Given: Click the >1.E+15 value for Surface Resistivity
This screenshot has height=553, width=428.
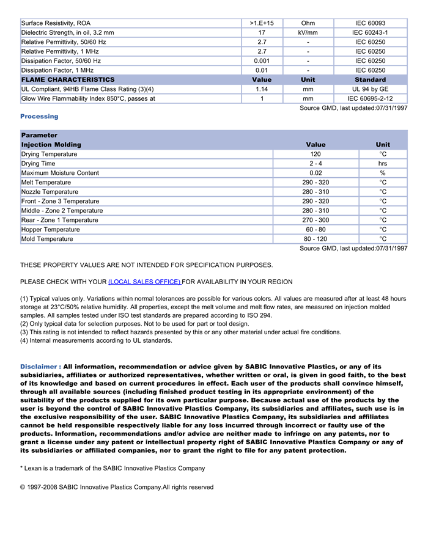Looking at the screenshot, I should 262,23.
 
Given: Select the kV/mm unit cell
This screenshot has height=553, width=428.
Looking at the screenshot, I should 308,32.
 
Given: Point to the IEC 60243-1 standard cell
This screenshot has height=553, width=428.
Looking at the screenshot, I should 370,32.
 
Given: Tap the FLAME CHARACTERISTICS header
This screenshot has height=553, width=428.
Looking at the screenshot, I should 68,79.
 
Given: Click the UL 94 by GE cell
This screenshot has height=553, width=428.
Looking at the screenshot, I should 370,89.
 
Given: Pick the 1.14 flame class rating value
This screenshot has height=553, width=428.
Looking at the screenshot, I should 262,89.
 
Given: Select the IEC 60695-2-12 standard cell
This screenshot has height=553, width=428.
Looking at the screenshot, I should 370,98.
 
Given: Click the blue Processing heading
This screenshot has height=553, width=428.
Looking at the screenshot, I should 39,116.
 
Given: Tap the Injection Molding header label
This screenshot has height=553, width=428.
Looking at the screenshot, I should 51,145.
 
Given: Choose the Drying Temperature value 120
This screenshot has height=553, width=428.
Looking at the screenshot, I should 315,155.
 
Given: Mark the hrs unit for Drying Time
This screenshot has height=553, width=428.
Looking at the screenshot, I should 383,164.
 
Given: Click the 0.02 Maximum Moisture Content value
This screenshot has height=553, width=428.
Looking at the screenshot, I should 315,173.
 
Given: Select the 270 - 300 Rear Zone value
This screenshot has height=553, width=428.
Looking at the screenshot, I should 315,220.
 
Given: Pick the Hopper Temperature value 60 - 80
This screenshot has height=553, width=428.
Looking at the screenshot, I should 315,230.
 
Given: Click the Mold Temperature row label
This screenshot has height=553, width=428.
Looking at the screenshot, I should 47,239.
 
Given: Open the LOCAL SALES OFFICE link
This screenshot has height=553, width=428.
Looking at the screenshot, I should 144,282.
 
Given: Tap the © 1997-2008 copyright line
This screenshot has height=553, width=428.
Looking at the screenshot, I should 117,487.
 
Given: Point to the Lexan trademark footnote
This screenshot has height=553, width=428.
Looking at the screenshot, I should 113,468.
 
